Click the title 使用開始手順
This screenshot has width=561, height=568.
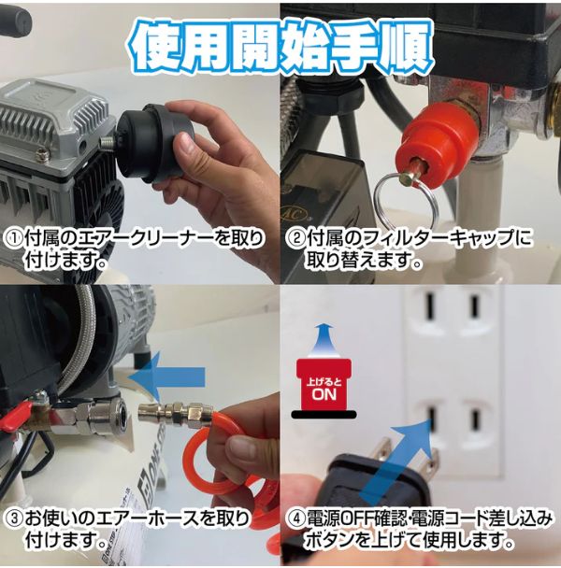coord(280,41)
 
